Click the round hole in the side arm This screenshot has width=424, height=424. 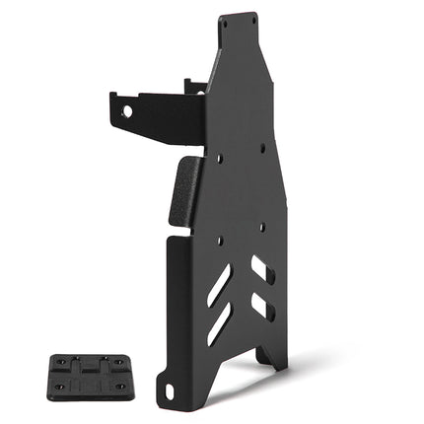[127, 111]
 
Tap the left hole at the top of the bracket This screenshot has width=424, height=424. [225, 22]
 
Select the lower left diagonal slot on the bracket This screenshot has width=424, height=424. [219, 322]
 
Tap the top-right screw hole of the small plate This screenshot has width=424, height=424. [114, 360]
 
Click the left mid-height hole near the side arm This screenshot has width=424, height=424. [219, 156]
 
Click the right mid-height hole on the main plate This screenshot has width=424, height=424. [261, 148]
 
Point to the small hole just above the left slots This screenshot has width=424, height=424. [219, 240]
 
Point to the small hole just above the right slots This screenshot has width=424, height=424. [261, 227]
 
